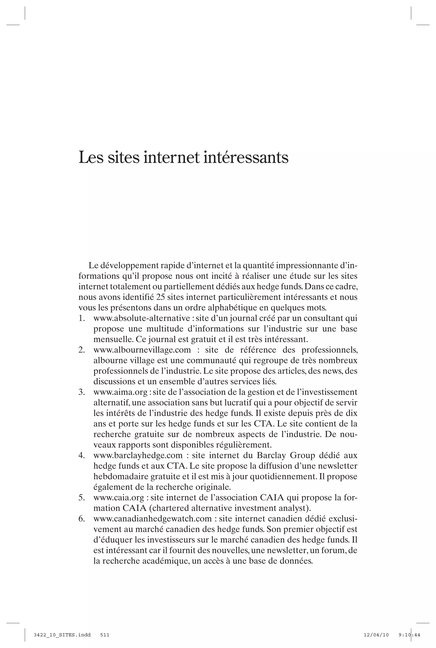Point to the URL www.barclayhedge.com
[138, 455]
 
